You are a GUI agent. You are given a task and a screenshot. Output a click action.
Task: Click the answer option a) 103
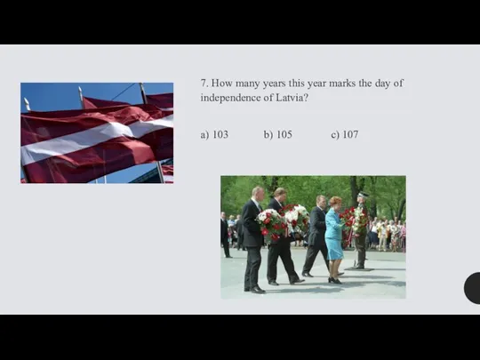coord(214,134)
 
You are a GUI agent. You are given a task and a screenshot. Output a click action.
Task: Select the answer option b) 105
coord(278,134)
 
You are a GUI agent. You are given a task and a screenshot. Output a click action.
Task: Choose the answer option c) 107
coord(345,134)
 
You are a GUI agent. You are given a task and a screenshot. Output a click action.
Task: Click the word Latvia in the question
coord(292,98)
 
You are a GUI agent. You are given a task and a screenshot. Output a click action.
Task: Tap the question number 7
coord(204,83)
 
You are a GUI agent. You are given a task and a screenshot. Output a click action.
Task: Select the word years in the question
coord(275,84)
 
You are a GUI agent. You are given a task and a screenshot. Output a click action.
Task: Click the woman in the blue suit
coord(334,239)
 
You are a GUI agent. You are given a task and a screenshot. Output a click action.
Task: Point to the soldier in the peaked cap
coord(361,230)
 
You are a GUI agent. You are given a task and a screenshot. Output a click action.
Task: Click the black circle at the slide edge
coord(472,288)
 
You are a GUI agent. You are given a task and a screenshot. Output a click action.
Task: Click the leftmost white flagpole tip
coord(27,103)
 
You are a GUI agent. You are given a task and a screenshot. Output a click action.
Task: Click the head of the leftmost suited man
coord(258,194)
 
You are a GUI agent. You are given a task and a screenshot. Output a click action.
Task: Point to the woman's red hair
coord(335,201)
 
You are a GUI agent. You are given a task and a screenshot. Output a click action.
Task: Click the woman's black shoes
coord(334,280)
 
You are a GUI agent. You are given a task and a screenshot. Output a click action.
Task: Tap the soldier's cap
coord(364,195)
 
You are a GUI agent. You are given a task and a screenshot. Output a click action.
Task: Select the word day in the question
coord(381,84)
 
